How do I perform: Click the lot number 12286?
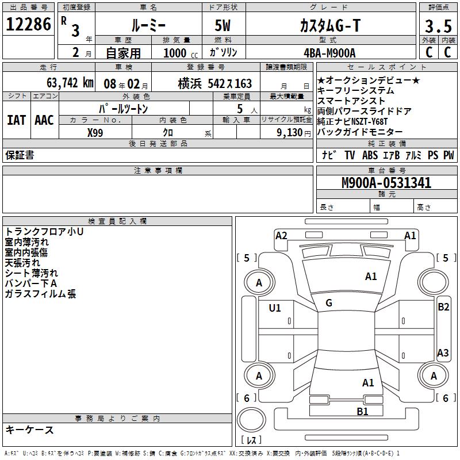tap(29, 25)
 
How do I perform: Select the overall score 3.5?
tap(438, 26)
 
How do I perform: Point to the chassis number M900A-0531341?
tap(386, 183)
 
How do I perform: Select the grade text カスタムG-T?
tap(330, 26)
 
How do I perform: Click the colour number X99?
tap(95, 132)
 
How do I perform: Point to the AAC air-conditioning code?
tap(44, 120)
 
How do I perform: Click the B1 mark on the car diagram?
tap(362, 411)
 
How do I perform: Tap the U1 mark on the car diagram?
tap(275, 308)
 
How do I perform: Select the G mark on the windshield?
tap(328, 303)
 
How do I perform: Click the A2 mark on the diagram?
tap(281, 235)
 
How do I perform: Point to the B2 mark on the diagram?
tap(443, 307)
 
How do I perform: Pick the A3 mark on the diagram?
tap(443, 353)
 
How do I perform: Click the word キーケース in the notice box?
tap(29, 430)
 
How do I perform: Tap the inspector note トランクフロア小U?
tap(44, 232)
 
